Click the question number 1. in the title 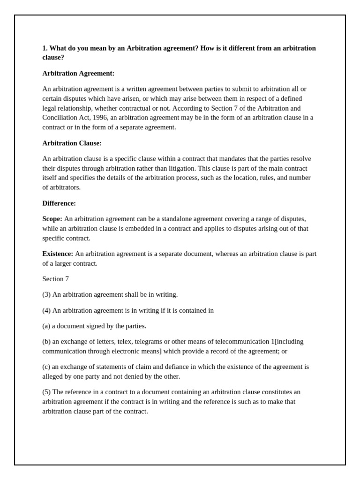45,48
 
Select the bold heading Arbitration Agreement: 78,74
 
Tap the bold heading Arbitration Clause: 72,143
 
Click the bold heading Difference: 59,203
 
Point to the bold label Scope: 52,219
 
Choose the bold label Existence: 58,254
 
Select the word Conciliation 60,118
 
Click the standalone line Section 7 55,279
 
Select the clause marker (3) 46,294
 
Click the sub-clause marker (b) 46,341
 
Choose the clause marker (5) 46,392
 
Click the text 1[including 287,341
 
